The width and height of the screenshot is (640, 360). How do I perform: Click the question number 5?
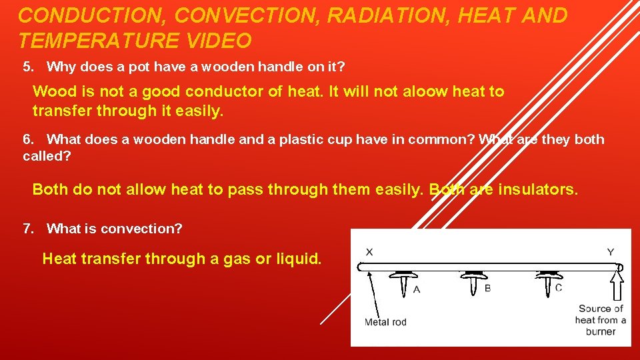(x=27, y=67)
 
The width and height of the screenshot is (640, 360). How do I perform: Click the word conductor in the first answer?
(x=223, y=91)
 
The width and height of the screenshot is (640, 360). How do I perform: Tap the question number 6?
(x=27, y=139)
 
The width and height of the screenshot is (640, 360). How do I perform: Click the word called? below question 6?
(x=46, y=156)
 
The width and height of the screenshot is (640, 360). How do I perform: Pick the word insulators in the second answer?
(x=536, y=189)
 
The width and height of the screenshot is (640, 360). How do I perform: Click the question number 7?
(x=27, y=229)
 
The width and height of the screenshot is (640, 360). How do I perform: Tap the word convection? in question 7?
(x=141, y=229)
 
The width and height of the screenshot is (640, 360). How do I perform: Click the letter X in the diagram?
(x=369, y=251)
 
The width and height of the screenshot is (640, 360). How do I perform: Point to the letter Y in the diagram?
(x=610, y=251)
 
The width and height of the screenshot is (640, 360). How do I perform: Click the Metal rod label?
(x=385, y=323)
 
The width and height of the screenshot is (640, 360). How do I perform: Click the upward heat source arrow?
(x=617, y=286)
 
